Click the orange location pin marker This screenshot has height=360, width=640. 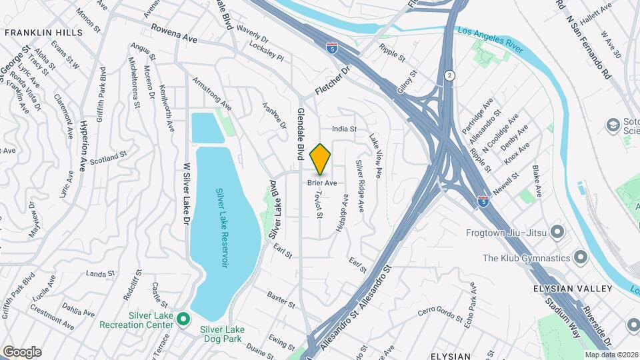click(321, 159)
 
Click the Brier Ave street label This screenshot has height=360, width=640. click(321, 183)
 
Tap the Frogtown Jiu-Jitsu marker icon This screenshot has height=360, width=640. click(558, 233)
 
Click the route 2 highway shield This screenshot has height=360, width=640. click(450, 76)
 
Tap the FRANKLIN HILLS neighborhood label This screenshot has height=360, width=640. click(43, 32)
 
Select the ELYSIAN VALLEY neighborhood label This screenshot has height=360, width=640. click(572, 289)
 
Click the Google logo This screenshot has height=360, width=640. click(22, 351)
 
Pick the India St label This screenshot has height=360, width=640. click(345, 129)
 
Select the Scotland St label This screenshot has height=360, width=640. click(109, 158)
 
